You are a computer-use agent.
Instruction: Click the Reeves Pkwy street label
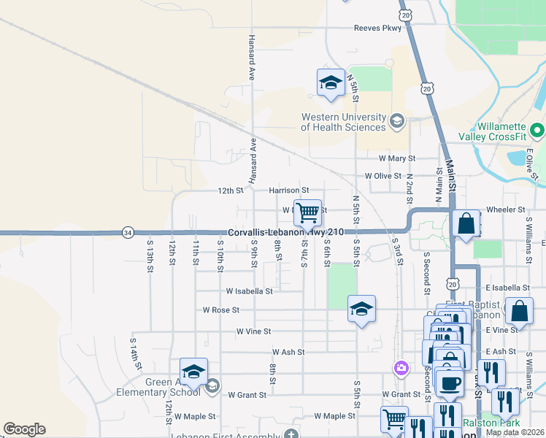point(377,28)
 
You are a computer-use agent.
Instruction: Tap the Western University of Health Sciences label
point(343,122)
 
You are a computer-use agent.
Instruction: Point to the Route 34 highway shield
point(128,232)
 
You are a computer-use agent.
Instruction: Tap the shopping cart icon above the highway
point(308,212)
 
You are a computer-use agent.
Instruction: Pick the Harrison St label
point(289,191)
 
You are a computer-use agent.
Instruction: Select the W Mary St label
point(396,158)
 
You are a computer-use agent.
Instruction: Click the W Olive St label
point(383,176)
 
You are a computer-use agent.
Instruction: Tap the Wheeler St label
point(505,210)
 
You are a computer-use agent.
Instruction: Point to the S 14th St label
point(134,351)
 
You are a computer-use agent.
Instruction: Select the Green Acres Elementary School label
point(158,387)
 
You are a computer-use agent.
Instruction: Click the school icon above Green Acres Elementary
point(193,372)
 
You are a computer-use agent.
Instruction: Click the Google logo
point(24,429)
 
